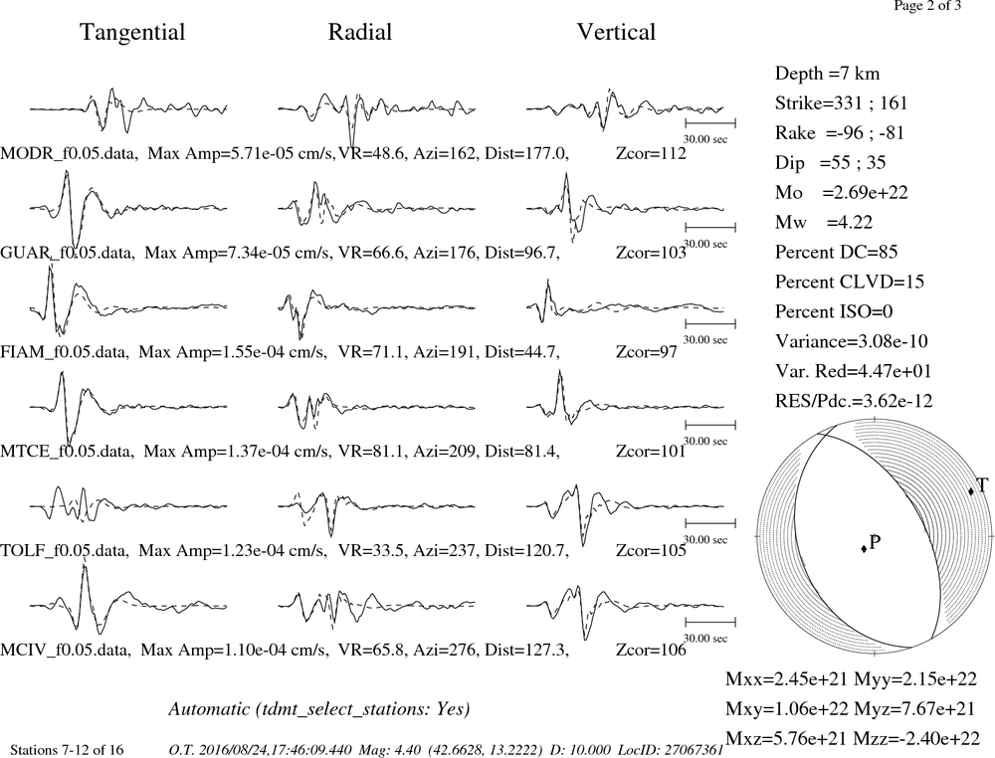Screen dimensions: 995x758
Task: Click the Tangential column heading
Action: (132, 33)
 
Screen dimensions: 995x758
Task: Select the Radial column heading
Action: (360, 32)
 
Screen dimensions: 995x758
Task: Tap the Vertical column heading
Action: (616, 32)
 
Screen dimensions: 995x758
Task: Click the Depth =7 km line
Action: (828, 74)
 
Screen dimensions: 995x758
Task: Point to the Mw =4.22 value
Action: (824, 223)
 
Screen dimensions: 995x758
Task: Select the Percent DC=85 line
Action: (837, 253)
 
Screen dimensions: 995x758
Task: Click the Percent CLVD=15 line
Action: (850, 283)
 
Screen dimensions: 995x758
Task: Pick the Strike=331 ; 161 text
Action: (842, 103)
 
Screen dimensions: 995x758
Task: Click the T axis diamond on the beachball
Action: (971, 491)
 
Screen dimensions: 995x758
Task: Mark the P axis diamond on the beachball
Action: (864, 549)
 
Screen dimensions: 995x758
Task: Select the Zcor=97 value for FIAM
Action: (647, 352)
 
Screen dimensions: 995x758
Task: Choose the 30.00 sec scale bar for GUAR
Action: (710, 227)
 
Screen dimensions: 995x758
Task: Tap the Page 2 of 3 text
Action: (927, 6)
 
